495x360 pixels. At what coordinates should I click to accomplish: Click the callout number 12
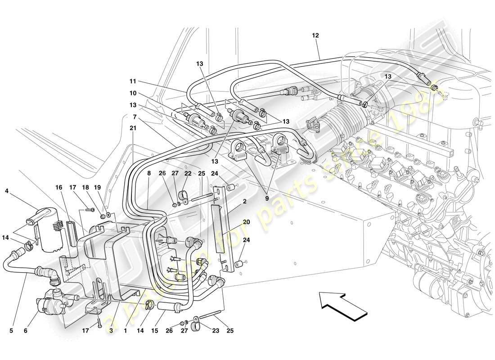click(315, 35)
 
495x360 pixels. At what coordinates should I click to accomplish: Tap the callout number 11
click(132, 82)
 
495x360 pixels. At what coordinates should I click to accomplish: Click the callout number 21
click(132, 128)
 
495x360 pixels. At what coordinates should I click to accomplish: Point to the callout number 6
click(25, 331)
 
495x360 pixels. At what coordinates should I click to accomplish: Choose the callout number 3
click(111, 331)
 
